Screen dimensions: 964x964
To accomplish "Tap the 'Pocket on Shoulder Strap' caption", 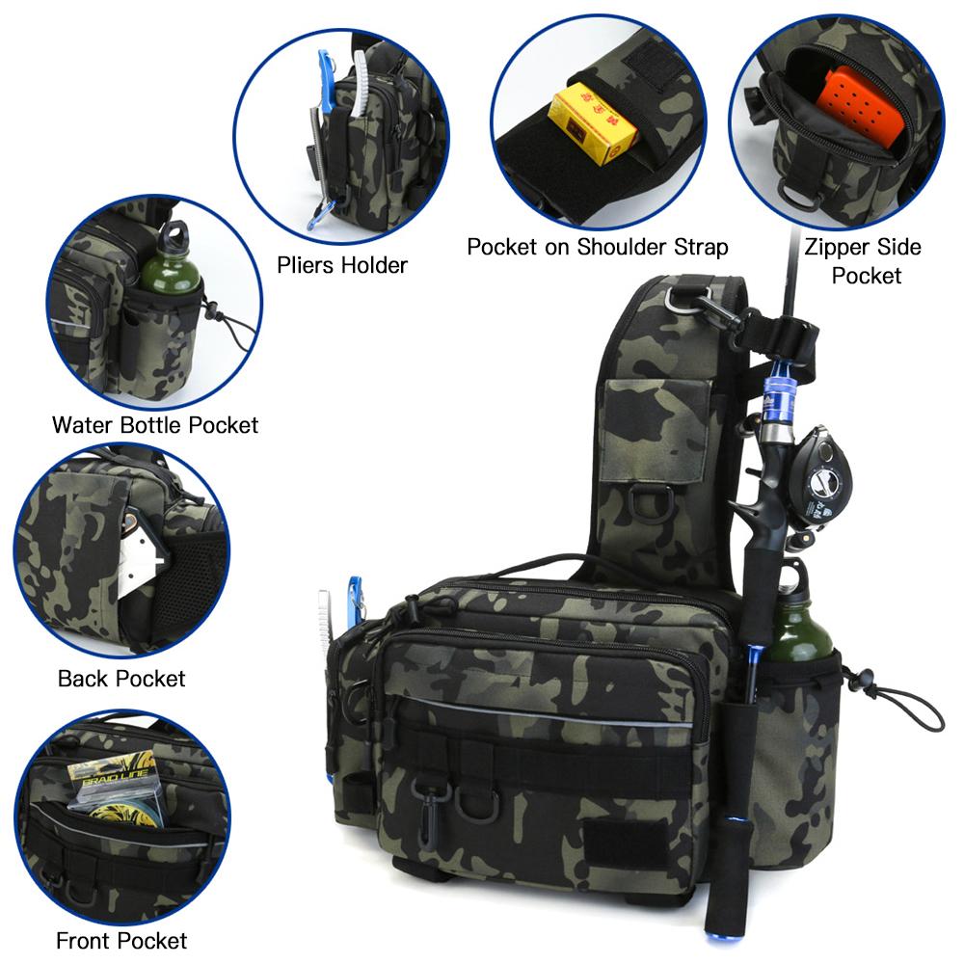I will click(x=597, y=247).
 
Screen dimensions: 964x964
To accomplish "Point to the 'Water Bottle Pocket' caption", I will click(x=155, y=423).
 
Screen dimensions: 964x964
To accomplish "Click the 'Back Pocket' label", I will click(x=121, y=678).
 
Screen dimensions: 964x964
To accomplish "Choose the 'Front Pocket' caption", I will click(x=121, y=939).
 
